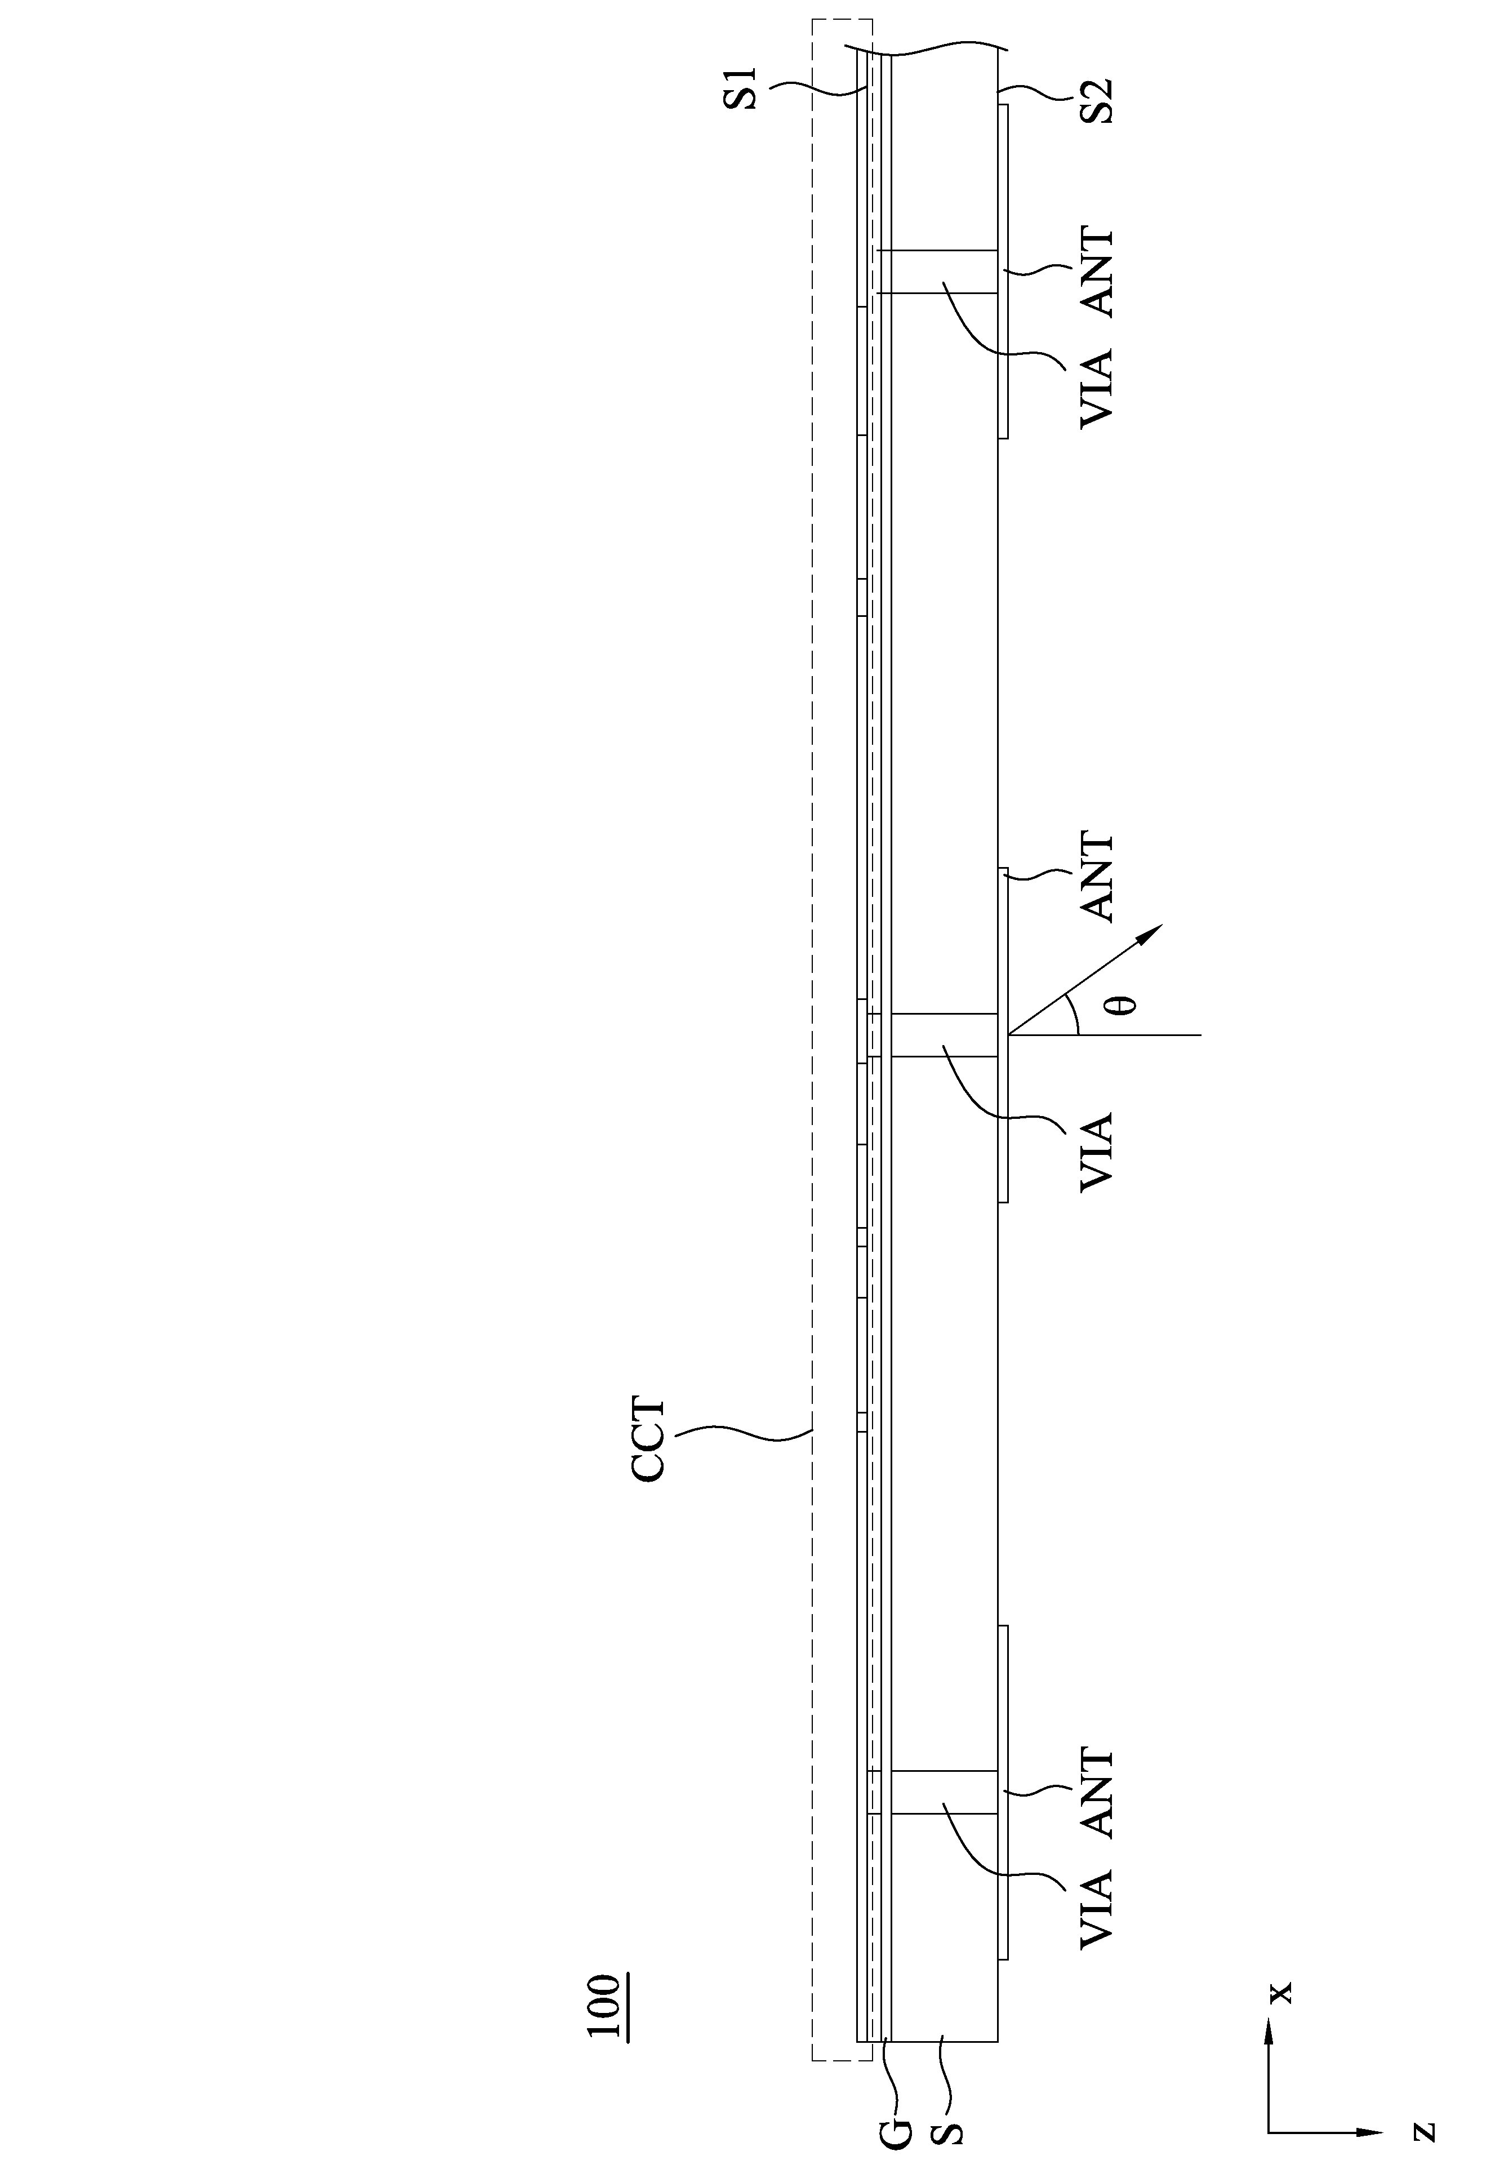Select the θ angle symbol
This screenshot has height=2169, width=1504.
1122,1005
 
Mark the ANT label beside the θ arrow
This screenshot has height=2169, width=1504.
1096,876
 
